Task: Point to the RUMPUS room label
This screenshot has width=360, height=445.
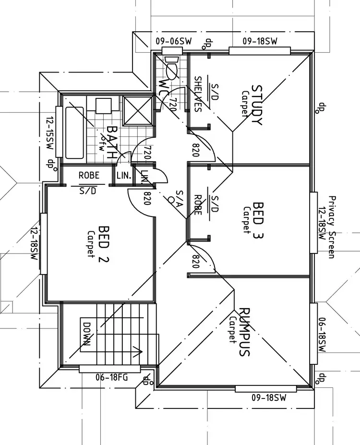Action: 244,332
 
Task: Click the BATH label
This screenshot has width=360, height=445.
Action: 111,143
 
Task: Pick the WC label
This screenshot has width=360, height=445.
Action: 163,87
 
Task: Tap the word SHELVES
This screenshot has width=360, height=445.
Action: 197,94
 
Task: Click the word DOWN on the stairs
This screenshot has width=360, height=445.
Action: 87,335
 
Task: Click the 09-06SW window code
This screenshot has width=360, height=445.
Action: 173,42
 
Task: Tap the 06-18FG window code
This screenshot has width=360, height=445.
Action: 111,377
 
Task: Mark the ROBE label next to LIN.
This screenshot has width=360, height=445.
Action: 89,175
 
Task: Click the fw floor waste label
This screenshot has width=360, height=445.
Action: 102,146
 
